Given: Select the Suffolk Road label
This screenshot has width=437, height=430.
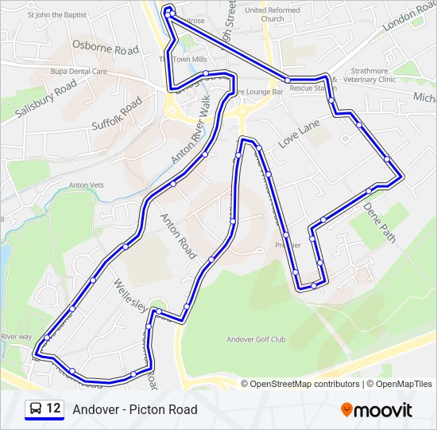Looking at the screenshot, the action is click(x=116, y=114).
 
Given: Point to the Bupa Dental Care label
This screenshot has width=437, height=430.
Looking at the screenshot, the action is click(x=78, y=71).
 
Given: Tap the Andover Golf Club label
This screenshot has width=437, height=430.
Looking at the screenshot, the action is click(x=256, y=339).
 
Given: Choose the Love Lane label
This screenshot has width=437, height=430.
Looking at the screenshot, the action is click(x=299, y=134).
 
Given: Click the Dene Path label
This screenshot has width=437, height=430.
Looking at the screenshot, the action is click(x=379, y=220).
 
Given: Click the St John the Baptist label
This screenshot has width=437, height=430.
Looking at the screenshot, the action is click(x=56, y=14).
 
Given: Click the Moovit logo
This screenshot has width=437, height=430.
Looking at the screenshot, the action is click(x=377, y=410).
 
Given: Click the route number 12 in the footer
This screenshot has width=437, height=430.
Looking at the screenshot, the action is click(x=53, y=409).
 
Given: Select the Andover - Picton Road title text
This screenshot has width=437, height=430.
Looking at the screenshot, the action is click(x=135, y=410).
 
